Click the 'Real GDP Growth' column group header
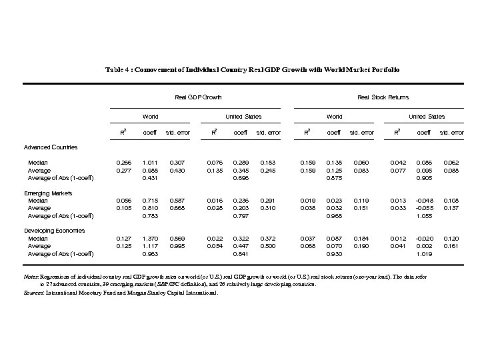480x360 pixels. click(198, 97)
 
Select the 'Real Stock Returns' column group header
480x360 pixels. click(383, 97)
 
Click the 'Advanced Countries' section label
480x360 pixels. click(51, 147)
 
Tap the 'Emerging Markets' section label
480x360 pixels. click(49, 193)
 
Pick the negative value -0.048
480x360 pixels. click(423, 201)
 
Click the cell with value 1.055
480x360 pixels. click(423, 216)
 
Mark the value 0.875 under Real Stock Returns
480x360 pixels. click(334, 178)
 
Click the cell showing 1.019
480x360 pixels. click(423, 254)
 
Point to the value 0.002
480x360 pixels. click(423, 246)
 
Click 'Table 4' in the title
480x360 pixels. click(118, 69)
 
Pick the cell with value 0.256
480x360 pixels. click(124, 163)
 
